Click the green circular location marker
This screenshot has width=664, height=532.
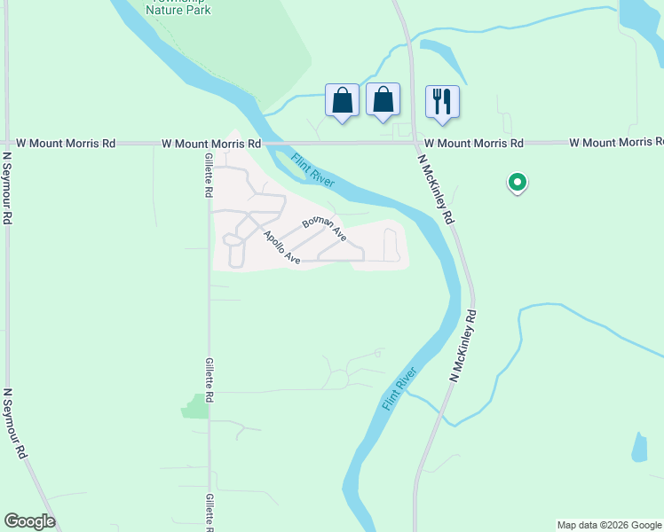tap(517, 183)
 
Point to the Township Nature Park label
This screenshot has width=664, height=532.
tap(178, 9)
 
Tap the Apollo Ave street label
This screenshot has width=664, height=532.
tap(281, 247)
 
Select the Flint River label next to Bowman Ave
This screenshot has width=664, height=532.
tap(312, 170)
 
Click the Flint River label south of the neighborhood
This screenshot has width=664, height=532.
tap(399, 388)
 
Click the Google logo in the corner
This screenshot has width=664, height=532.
tap(29, 521)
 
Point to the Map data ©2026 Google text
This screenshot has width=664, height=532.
tap(609, 525)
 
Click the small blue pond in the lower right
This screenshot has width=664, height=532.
tap(639, 447)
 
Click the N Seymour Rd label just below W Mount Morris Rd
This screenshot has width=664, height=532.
tap(7, 187)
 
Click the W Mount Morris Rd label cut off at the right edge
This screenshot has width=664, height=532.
tap(616, 143)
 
